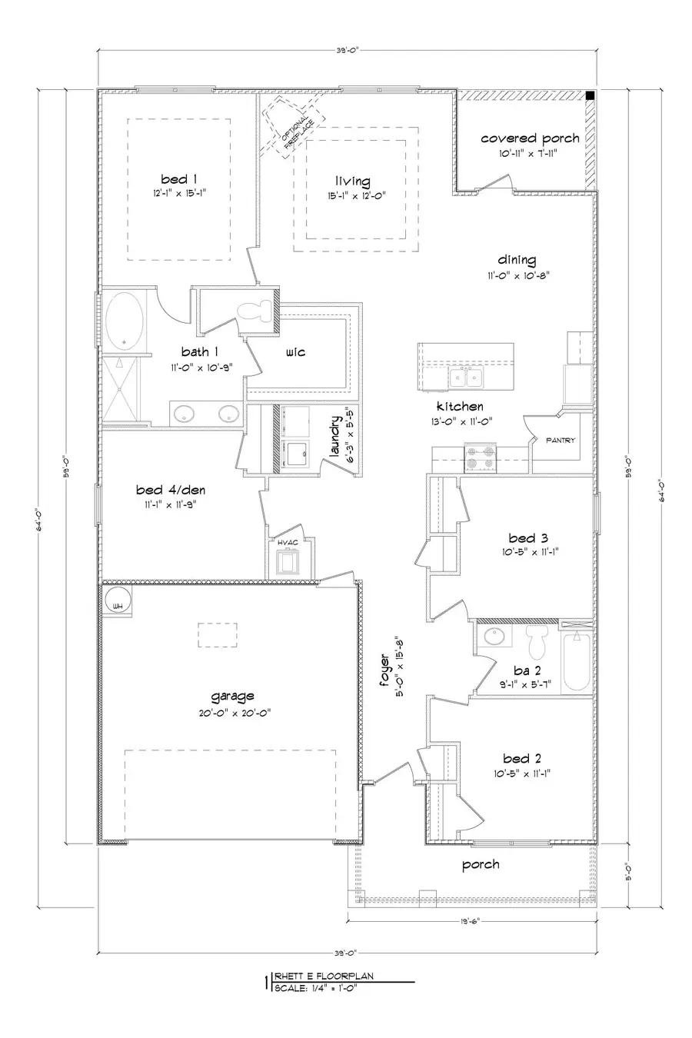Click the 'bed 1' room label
179,179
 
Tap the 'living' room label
352,181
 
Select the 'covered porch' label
530,138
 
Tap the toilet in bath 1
255,311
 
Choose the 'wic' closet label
295,352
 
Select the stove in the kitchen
479,457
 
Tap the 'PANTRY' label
561,441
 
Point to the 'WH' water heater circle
118,604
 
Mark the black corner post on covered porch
589,95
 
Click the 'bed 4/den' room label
171,490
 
